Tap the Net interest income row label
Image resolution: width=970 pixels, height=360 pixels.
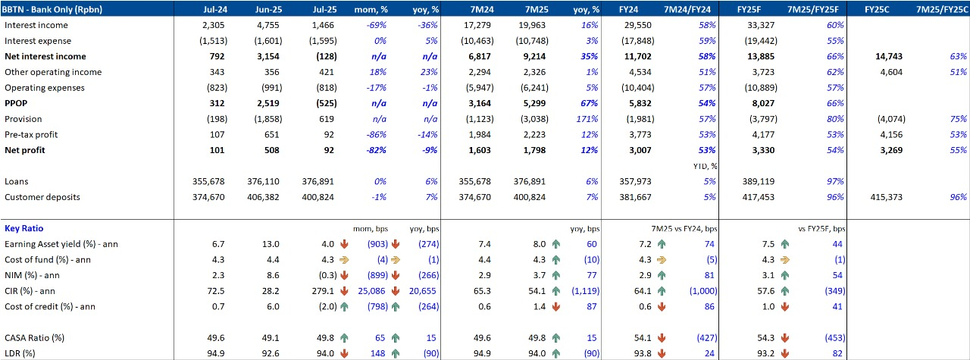(45, 57)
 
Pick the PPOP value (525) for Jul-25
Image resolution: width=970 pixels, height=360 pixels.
(322, 103)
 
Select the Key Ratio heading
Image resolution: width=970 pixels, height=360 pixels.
(23, 228)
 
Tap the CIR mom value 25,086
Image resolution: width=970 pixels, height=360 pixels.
(369, 291)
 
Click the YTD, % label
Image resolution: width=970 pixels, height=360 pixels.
(705, 166)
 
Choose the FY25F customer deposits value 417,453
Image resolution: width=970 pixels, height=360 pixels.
(759, 197)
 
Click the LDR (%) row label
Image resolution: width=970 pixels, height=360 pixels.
(23, 353)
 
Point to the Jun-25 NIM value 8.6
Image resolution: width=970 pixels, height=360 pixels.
(271, 275)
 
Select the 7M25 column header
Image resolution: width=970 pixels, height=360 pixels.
(536, 9)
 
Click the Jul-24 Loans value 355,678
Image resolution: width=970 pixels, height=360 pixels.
(208, 182)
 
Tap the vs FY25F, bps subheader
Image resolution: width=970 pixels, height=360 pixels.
(821, 228)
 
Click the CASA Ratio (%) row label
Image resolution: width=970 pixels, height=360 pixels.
(34, 337)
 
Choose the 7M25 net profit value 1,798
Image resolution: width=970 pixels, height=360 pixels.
(537, 150)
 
